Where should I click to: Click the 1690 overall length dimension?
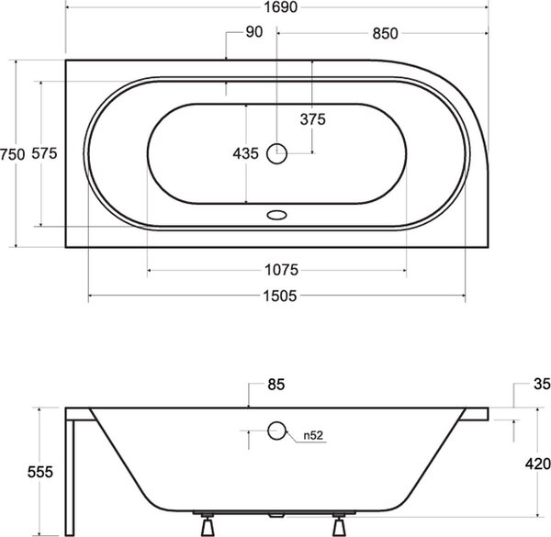(280, 7)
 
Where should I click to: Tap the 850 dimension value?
(385, 34)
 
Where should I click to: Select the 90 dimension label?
(253, 32)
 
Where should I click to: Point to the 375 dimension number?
(313, 119)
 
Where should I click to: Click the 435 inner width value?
(245, 153)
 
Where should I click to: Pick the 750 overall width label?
(12, 154)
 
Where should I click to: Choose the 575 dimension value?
(44, 153)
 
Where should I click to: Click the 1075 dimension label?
(281, 270)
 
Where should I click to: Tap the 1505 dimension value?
(280, 296)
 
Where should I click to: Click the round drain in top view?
(277, 153)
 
